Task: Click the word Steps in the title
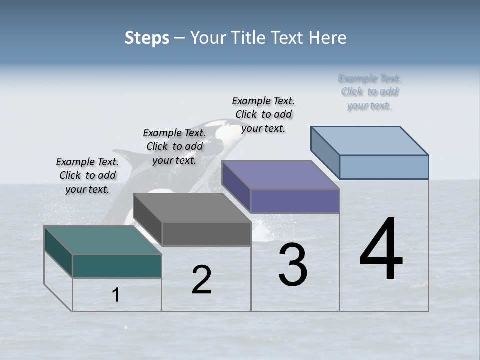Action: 147,38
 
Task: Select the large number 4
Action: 381,250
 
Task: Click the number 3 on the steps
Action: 292,265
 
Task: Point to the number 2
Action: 201,280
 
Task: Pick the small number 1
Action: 116,295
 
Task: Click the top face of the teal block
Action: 102,240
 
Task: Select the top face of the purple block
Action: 280,175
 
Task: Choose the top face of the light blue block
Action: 369,141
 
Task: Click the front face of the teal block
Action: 117,266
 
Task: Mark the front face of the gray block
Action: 206,234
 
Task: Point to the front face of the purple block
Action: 295,201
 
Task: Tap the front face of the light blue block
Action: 384,167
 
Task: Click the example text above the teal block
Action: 87,175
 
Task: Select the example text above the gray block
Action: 174,146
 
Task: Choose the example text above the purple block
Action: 263,114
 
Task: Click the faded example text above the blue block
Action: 369,92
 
